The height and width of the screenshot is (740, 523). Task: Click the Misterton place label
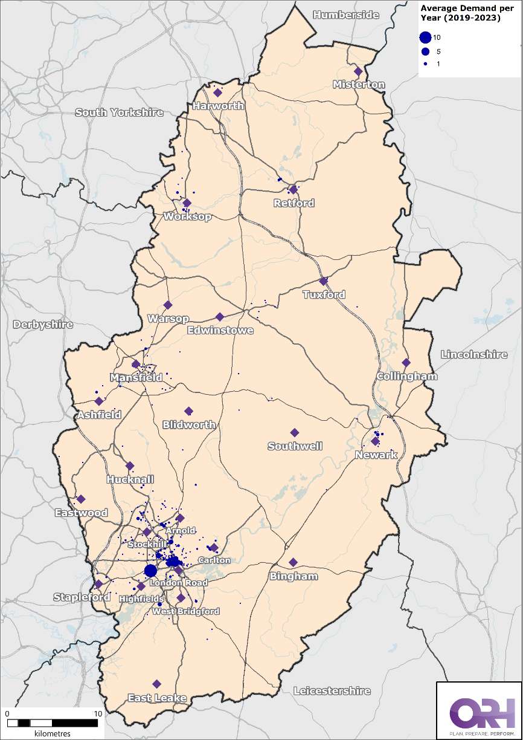pos(359,85)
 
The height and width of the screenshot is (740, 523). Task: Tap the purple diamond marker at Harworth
pos(217,92)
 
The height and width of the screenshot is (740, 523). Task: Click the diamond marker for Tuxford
pos(323,281)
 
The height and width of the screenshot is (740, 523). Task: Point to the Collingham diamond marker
pos(406,363)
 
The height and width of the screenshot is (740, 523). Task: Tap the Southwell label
pos(295,446)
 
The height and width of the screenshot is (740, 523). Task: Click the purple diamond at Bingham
pos(293,562)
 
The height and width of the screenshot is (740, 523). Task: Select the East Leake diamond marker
pos(157,684)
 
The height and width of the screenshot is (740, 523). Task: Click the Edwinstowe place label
pos(220,331)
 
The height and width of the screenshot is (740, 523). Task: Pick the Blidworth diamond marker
pos(188,411)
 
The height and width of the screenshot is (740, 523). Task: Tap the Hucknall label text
pos(130,479)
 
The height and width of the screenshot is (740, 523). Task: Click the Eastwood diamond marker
pos(81,499)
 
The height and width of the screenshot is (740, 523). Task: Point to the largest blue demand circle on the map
pos(150,571)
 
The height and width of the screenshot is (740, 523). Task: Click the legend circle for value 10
pos(426,37)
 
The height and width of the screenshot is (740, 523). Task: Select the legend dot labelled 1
pos(426,63)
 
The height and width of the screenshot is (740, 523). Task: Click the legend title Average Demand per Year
pos(461,12)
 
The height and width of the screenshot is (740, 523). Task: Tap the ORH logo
pos(478,713)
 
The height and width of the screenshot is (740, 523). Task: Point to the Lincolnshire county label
pos(474,354)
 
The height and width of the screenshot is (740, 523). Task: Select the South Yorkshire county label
pos(119,112)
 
